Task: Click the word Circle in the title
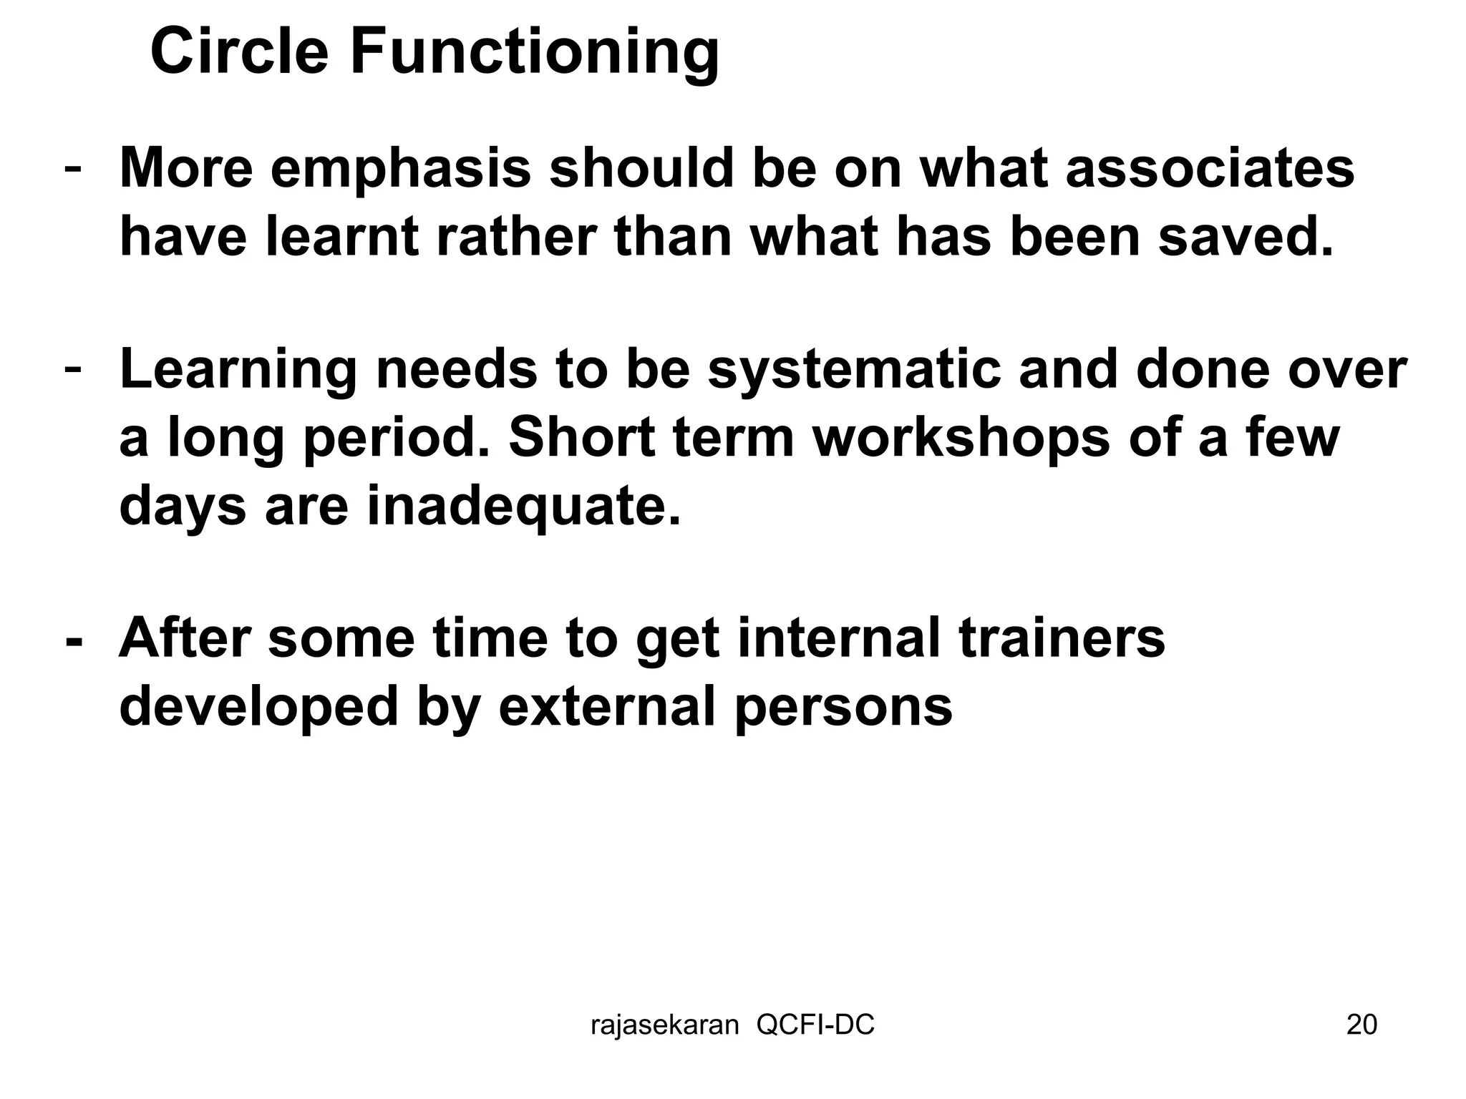coord(239,52)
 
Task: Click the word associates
coord(1209,169)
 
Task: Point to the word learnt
coord(341,238)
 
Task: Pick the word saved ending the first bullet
coord(1246,238)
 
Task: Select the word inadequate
coord(523,507)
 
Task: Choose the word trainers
coord(1062,638)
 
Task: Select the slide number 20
coord(1361,1025)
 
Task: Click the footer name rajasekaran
coord(664,1025)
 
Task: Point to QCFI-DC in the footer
coord(815,1025)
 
